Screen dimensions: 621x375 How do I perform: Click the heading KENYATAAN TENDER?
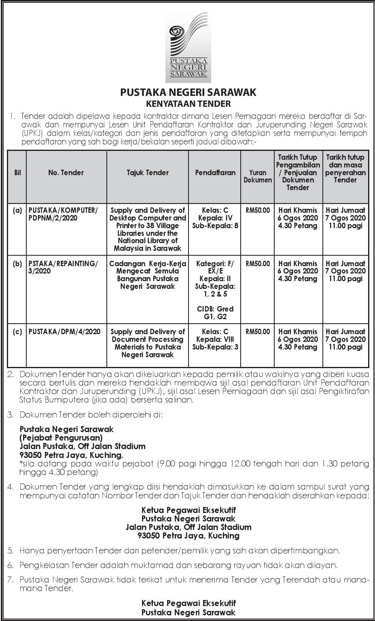[x=188, y=104]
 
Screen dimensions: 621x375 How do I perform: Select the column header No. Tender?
[x=66, y=173]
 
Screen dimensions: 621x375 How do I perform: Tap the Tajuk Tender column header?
[x=148, y=173]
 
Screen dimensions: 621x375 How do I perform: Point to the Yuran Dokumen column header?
[x=258, y=176]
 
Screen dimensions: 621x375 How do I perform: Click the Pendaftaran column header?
[x=215, y=173]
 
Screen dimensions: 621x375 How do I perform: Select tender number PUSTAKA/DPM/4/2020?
[x=64, y=332]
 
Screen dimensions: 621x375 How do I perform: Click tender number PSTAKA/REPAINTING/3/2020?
[x=63, y=267]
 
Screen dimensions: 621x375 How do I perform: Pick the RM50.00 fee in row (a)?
[x=258, y=210]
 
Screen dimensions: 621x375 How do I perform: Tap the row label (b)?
[x=17, y=264]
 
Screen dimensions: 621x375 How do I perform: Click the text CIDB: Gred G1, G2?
[x=215, y=313]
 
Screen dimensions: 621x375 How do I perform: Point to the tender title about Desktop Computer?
[x=148, y=229]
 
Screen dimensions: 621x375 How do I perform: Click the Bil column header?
[x=17, y=173]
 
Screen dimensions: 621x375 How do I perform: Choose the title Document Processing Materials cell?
[x=148, y=343]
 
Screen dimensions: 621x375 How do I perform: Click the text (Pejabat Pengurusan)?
[x=61, y=437]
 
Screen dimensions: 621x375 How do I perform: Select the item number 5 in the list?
[x=11, y=551]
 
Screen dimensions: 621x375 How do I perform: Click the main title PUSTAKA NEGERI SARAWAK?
[x=188, y=92]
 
